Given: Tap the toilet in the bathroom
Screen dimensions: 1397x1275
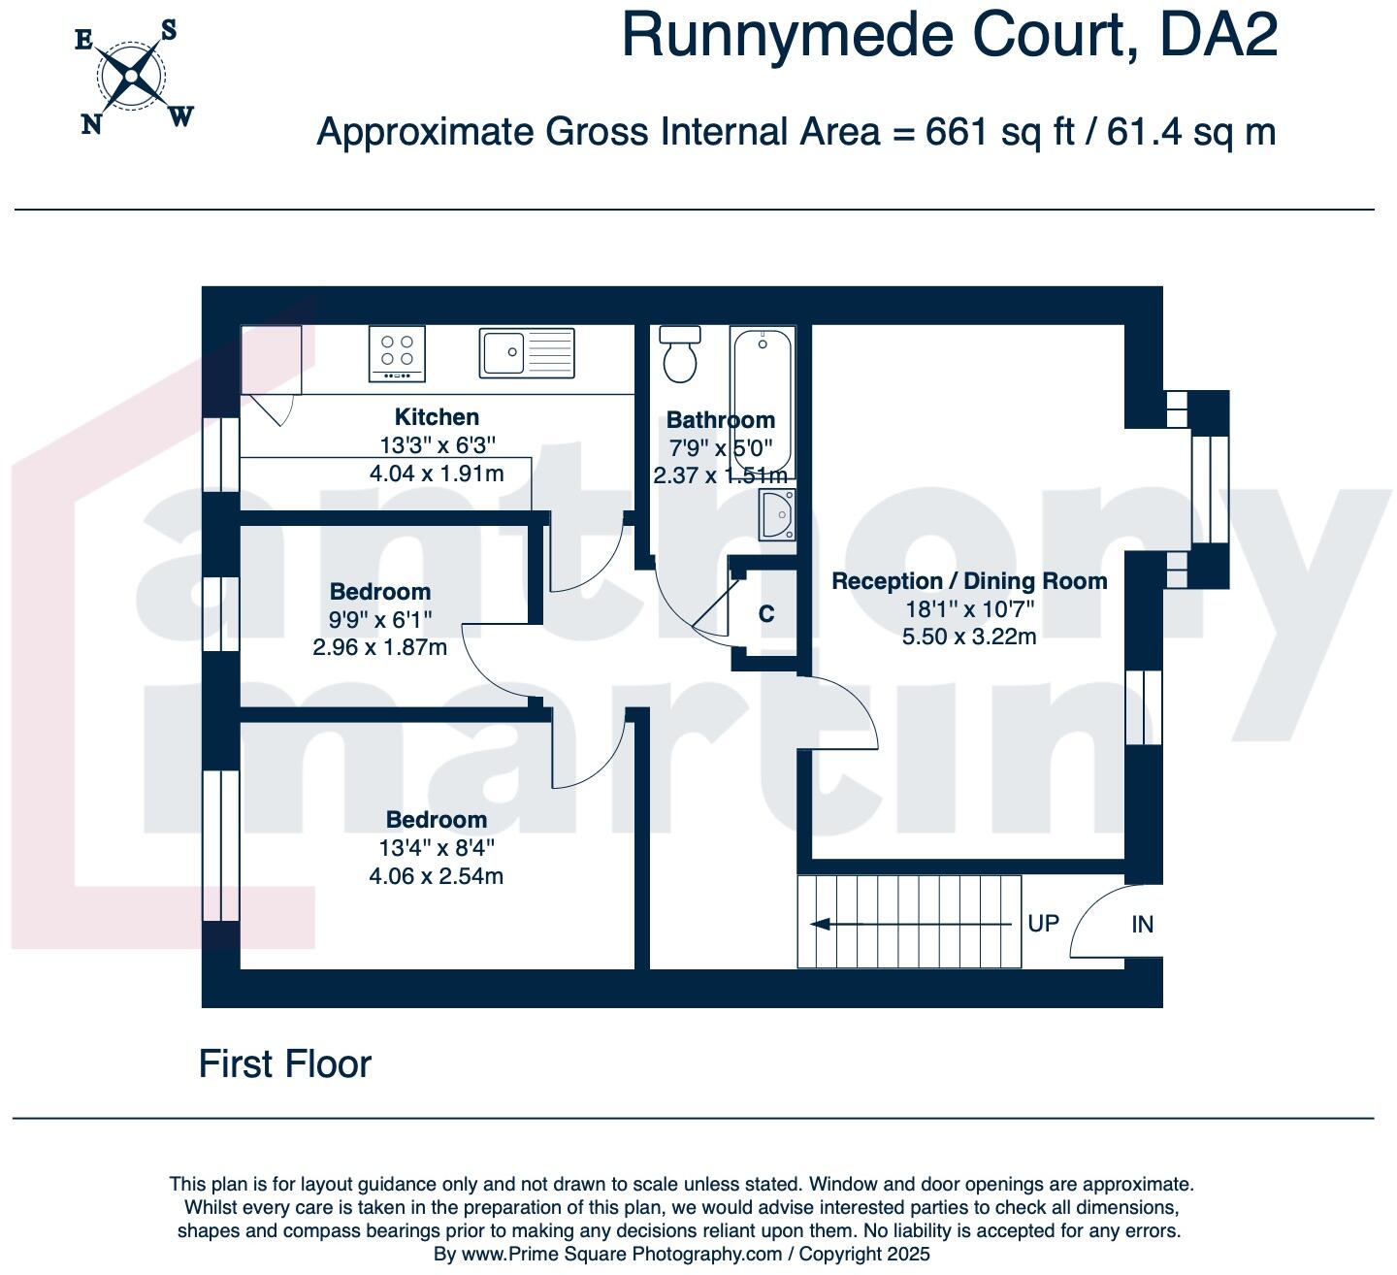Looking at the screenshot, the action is pos(679,355).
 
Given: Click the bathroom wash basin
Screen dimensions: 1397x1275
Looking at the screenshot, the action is pos(777,513).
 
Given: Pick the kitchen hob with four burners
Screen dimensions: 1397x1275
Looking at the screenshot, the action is pos(397,353).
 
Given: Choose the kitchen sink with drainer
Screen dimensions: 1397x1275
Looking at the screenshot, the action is pos(527,352).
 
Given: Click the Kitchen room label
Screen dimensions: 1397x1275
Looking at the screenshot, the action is pos(437,417).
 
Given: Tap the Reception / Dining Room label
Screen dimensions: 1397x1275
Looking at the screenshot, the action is pos(969,581).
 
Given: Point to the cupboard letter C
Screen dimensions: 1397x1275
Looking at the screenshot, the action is pos(766,614).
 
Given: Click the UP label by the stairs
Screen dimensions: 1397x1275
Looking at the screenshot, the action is pos(1043,923).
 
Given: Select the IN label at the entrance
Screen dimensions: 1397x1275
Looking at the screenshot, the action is pos(1142,925).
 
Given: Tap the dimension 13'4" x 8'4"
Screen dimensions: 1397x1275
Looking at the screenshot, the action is pos(437,848).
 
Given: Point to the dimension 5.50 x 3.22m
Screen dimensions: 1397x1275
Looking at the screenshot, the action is pos(969,637).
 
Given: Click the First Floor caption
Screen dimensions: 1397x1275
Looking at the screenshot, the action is pos(284,1064).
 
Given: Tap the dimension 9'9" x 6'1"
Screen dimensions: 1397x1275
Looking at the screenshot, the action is pos(379,619).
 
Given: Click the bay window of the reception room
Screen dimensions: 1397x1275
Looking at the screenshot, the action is pos(1210,489).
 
